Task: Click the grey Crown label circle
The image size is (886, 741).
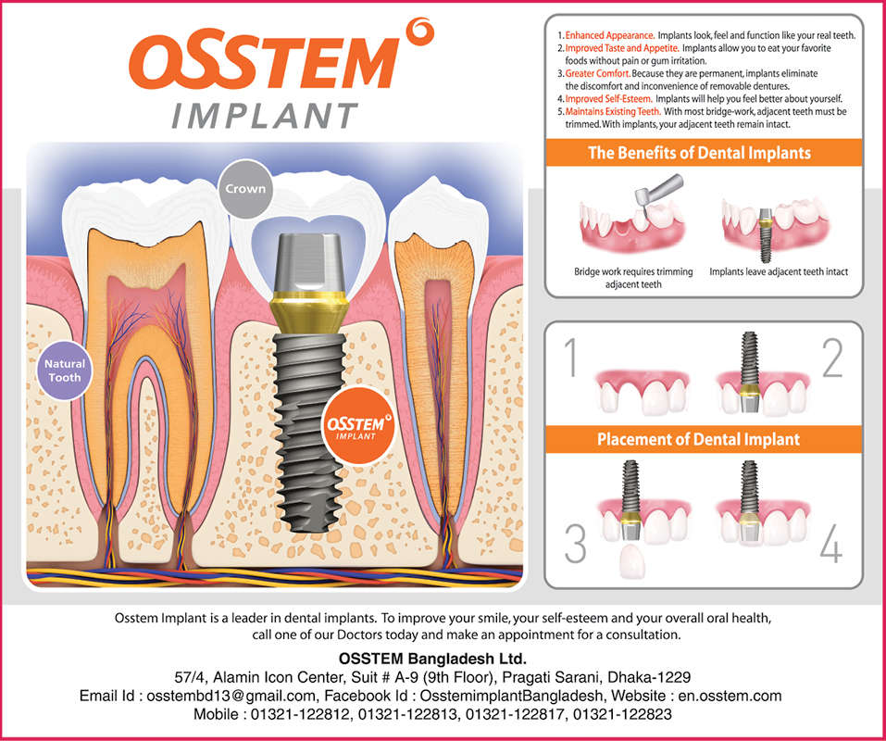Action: click(244, 188)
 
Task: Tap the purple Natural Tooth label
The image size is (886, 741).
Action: click(64, 370)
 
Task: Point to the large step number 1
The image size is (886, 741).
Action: click(573, 359)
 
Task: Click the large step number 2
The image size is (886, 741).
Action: click(831, 359)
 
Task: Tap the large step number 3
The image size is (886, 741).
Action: click(575, 545)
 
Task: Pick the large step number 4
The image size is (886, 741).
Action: click(830, 545)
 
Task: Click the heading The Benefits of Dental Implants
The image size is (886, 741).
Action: click(699, 153)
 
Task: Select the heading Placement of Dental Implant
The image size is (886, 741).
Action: click(698, 438)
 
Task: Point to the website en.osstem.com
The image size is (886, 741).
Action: click(726, 696)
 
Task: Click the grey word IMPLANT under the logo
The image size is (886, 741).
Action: click(265, 116)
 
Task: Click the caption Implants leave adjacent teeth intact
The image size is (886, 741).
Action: click(778, 272)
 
